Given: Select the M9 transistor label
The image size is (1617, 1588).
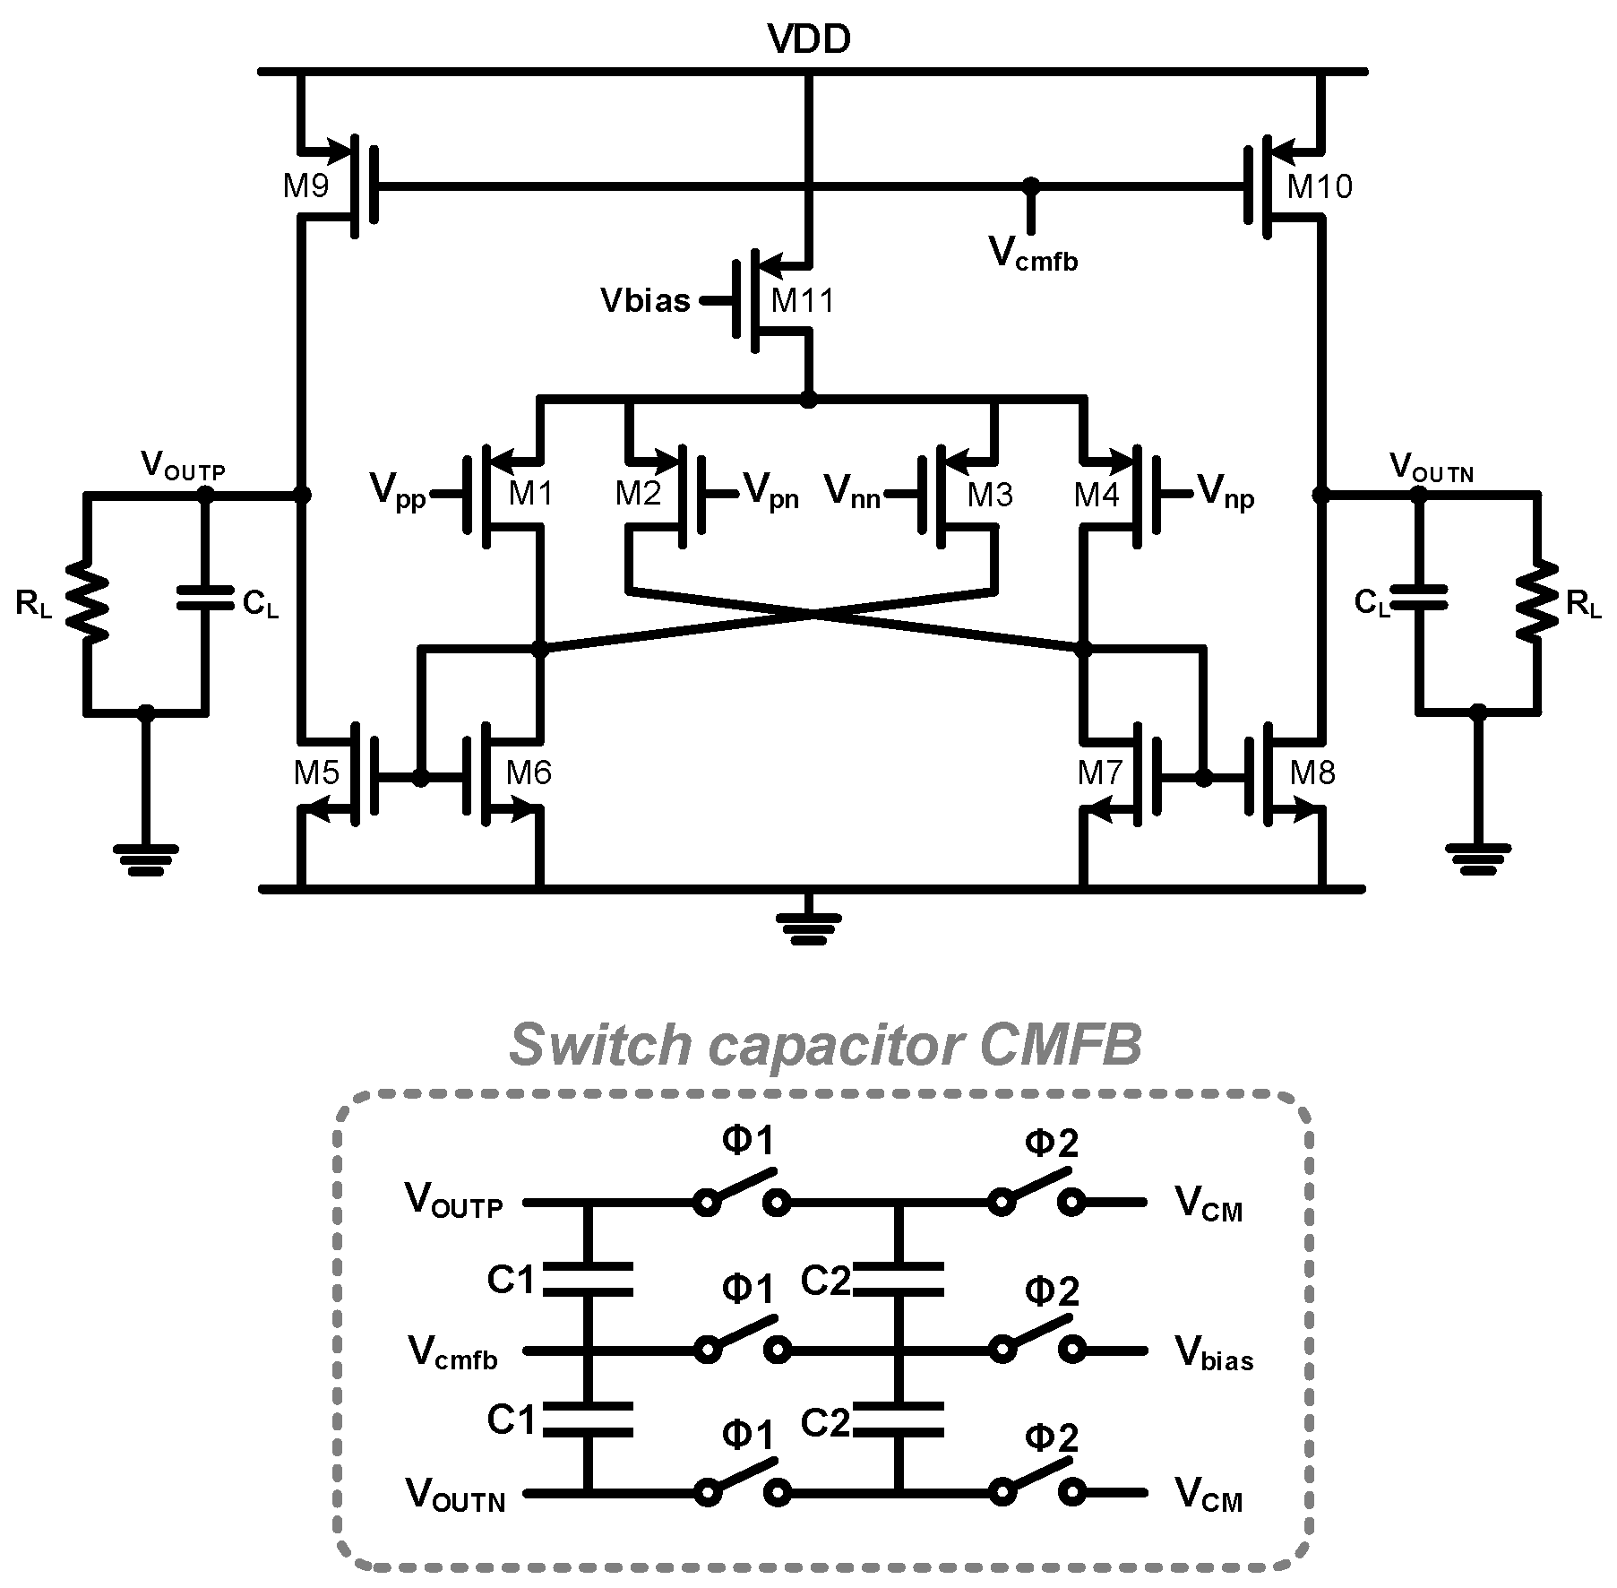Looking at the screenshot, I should point(306,186).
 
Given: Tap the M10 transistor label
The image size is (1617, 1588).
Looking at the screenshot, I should point(1319,186).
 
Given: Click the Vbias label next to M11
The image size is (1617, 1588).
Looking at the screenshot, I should point(645,300).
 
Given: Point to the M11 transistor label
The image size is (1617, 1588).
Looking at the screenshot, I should point(802,300).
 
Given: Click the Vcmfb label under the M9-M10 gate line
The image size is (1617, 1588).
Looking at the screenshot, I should point(1033,254).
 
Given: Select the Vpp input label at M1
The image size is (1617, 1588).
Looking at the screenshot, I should point(398,493).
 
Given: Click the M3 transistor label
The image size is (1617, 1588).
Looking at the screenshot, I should point(989,494).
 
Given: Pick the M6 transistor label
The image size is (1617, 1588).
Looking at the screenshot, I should point(529,772).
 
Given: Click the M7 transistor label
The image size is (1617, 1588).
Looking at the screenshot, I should point(1100,772).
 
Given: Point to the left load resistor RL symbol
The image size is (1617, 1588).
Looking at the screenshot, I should point(87,602).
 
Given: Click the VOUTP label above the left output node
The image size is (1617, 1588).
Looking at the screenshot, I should point(183,466).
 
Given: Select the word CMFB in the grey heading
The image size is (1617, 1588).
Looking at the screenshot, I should point(1060,1045).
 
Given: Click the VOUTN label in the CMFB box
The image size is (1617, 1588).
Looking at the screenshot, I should point(455,1495).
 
